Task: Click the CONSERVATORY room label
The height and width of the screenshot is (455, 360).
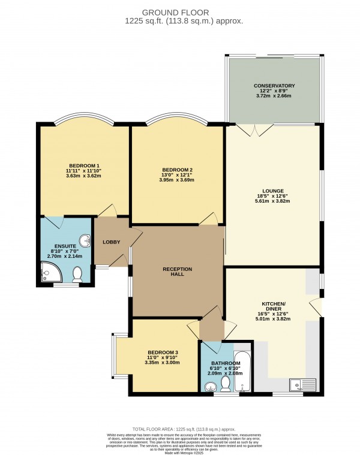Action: click(273, 86)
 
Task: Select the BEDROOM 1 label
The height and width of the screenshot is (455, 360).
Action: click(84, 165)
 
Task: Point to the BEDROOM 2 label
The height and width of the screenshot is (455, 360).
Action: click(177, 170)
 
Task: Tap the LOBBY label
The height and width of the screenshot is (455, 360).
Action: click(112, 242)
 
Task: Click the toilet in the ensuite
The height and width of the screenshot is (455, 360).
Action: click(77, 275)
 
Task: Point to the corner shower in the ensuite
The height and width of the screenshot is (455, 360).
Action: click(49, 275)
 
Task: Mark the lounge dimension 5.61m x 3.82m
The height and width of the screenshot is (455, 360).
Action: click(273, 201)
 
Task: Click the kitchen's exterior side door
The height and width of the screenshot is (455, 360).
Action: click(316, 307)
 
